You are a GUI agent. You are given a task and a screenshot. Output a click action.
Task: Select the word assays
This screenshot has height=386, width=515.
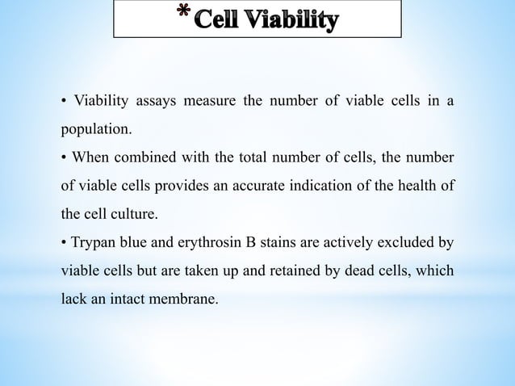click(153, 101)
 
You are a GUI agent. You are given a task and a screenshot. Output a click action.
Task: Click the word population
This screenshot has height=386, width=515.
click(91, 128)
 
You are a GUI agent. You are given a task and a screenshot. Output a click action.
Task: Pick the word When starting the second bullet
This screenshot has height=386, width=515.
click(91, 155)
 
